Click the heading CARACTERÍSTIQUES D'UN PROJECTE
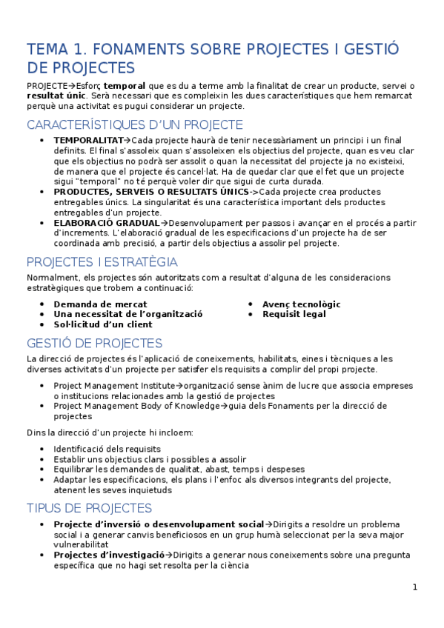tap(134, 124)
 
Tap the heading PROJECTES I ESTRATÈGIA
tap(102, 261)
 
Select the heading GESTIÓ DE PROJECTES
tap(94, 343)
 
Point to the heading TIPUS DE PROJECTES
tap(89, 508)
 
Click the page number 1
tap(415, 587)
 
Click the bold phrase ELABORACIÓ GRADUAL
tap(106, 222)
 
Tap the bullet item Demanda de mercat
tap(100, 304)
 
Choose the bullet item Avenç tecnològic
tap(301, 304)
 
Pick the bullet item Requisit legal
tap(294, 314)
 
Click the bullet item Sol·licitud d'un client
tap(103, 324)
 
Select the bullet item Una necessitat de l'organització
tap(128, 314)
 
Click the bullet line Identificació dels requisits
tap(107, 449)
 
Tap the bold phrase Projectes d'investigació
tap(109, 555)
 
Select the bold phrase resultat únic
tap(56, 96)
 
